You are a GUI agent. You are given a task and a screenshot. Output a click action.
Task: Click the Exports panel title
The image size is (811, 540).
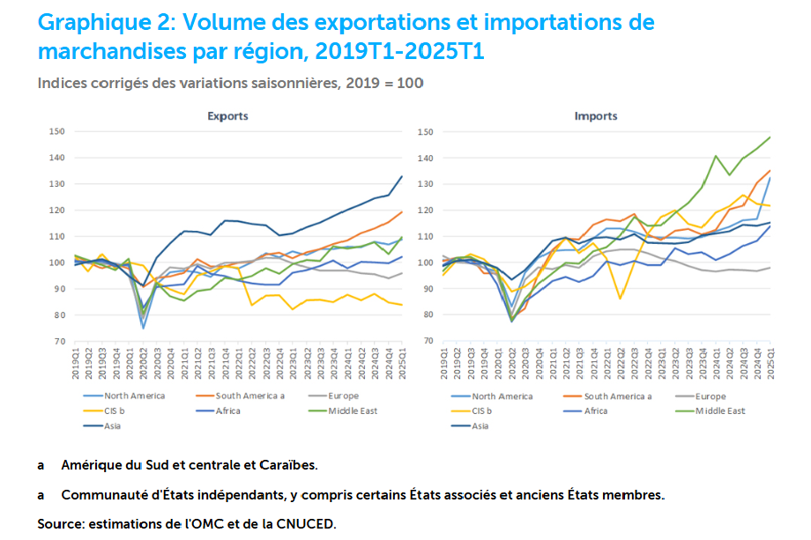tap(227, 115)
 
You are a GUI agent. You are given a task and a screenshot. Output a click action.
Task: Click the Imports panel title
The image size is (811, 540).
tap(595, 115)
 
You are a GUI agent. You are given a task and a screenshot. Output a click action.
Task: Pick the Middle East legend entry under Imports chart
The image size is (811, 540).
tap(720, 411)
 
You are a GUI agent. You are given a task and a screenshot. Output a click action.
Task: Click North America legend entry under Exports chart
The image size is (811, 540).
tap(134, 396)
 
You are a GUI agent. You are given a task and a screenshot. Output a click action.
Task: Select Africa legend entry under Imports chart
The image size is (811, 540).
tap(602, 411)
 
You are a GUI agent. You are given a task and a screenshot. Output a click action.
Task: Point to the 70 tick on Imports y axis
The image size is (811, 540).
tap(428, 341)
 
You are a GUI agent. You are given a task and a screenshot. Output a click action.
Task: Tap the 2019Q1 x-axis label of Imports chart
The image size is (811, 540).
tap(444, 363)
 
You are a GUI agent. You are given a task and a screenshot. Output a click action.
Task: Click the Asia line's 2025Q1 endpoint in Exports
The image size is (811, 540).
tap(402, 176)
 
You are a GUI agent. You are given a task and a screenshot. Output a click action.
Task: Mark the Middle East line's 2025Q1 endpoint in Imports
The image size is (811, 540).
tap(770, 137)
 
